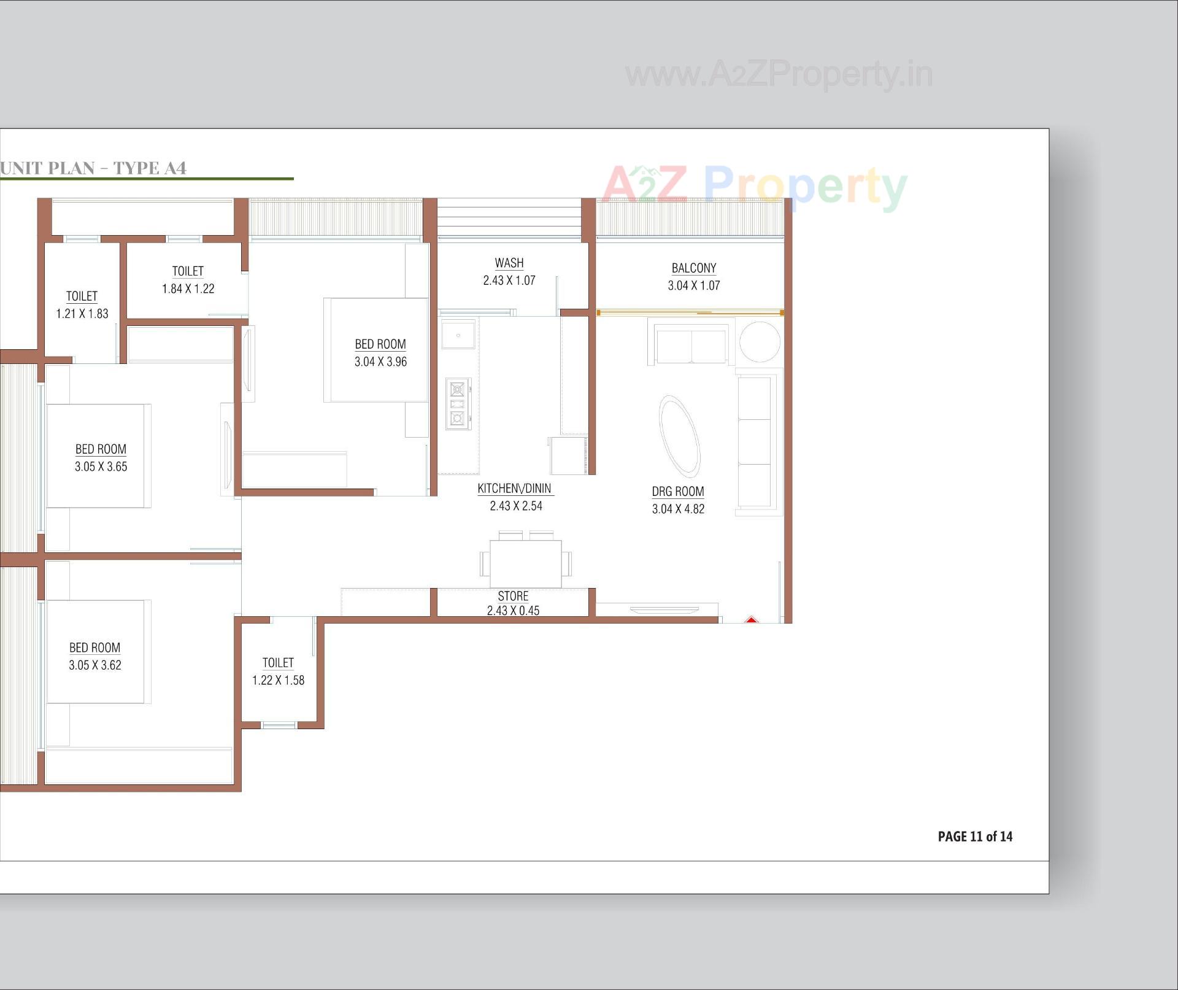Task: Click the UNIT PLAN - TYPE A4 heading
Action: click(x=93, y=168)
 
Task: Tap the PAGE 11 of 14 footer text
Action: click(x=974, y=836)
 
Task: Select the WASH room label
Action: click(x=509, y=263)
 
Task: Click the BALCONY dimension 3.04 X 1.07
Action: click(x=693, y=285)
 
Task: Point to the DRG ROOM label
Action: click(x=677, y=492)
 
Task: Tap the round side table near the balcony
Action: click(x=760, y=342)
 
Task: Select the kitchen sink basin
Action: click(x=458, y=336)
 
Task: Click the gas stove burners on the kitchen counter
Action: click(x=458, y=403)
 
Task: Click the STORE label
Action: click(x=513, y=596)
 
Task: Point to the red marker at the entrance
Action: click(x=751, y=620)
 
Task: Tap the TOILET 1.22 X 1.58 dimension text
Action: click(x=278, y=680)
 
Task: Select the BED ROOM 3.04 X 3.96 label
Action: click(x=380, y=352)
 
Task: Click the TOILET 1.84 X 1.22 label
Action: click(x=188, y=279)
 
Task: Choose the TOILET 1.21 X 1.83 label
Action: click(x=82, y=304)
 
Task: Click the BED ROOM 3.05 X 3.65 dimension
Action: click(x=101, y=466)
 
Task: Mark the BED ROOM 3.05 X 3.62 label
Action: click(x=94, y=655)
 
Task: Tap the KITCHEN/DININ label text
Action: click(x=514, y=489)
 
